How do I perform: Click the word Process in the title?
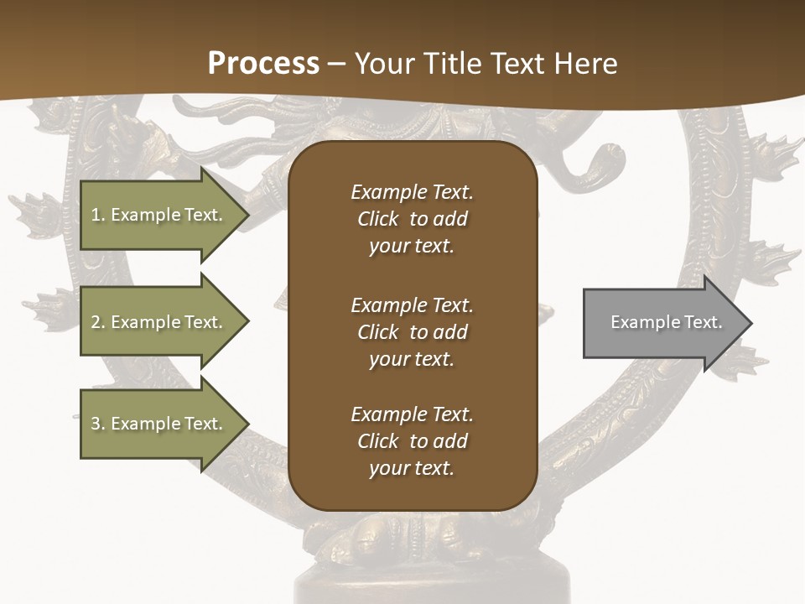[263, 64]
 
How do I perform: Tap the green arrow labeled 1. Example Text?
[159, 215]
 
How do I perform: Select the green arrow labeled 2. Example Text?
[159, 322]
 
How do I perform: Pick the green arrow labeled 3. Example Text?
[159, 424]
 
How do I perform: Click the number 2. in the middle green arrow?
[98, 322]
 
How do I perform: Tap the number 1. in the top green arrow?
[98, 215]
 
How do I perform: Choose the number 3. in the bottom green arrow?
[98, 424]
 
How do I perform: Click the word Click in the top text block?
[377, 219]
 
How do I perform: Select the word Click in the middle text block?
[377, 332]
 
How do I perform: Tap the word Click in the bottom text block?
[377, 441]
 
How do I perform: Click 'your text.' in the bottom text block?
[412, 469]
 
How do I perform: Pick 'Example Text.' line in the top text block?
[412, 192]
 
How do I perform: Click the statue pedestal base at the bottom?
[432, 587]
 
